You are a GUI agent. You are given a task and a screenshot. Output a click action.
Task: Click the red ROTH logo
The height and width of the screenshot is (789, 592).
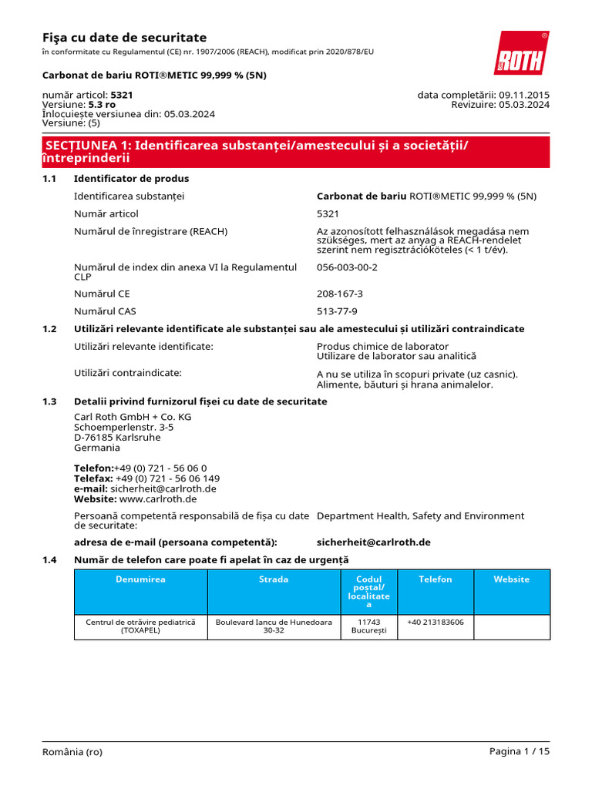523,52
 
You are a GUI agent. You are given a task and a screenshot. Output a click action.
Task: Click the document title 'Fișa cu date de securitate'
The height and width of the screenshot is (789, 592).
124,38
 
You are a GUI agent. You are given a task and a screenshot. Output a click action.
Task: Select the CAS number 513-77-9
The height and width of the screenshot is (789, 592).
337,311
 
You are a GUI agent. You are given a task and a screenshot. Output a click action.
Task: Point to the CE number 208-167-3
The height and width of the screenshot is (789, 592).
340,294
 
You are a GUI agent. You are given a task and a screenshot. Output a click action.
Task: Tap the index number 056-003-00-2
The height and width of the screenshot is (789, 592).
347,267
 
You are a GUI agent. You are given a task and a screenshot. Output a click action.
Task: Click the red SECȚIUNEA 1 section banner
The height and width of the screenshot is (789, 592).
295,152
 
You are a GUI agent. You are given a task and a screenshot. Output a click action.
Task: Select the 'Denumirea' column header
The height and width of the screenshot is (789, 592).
140,579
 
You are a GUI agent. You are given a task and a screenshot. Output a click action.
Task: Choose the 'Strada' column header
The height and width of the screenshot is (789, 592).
274,579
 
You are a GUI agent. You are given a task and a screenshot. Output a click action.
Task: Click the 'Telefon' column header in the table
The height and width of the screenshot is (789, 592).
435,579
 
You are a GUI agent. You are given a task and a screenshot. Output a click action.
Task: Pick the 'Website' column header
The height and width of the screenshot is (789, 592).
511,579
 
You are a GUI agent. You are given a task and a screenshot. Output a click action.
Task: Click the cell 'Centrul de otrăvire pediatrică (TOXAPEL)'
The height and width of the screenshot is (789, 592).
140,626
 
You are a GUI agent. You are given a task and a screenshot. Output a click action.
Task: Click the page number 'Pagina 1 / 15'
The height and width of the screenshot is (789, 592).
520,752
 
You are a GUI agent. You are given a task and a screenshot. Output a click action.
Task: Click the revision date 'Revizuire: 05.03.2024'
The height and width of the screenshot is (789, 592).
500,105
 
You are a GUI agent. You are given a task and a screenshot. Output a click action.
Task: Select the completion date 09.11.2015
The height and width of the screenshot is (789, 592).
524,95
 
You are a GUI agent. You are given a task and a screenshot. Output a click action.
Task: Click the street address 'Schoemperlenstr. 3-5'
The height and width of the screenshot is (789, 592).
123,427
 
